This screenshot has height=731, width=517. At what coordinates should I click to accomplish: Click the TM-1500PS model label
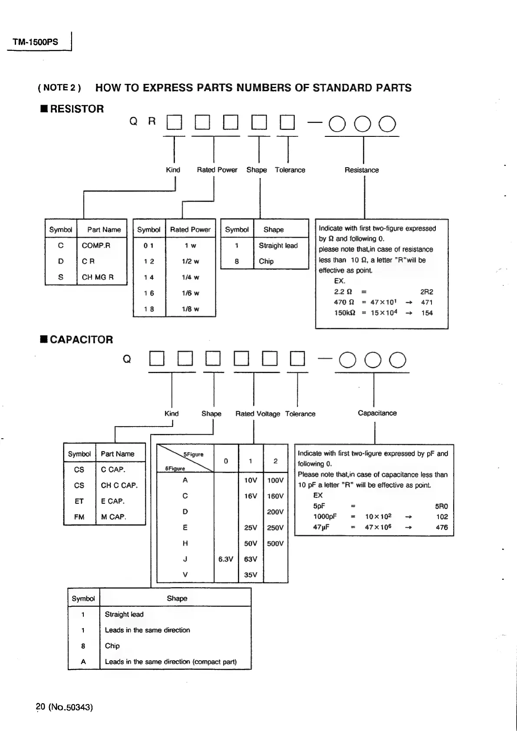[x=35, y=42]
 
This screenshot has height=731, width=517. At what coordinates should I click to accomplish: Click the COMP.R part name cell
[x=96, y=245]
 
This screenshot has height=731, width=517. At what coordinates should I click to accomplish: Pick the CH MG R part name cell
[x=98, y=277]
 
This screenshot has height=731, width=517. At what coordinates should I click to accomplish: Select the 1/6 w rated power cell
[x=190, y=293]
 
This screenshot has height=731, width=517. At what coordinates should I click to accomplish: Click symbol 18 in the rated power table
[x=149, y=309]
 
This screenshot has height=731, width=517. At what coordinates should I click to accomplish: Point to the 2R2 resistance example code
[x=426, y=292]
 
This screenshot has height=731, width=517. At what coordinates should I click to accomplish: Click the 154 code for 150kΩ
[x=427, y=313]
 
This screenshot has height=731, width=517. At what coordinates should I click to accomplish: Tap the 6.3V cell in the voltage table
[x=226, y=559]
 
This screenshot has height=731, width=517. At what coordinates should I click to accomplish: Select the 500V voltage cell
[x=275, y=543]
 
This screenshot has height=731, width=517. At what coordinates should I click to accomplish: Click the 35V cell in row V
[x=250, y=575]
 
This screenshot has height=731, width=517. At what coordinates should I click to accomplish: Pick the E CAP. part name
[x=112, y=501]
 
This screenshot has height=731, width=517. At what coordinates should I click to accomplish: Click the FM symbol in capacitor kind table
[x=79, y=517]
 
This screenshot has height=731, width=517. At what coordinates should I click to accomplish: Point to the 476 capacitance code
[x=441, y=527]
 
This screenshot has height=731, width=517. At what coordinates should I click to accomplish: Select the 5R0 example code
[x=441, y=506]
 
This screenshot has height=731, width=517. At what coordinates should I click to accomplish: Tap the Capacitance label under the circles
[x=377, y=413]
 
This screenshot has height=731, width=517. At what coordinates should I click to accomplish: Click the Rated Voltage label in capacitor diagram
[x=257, y=414]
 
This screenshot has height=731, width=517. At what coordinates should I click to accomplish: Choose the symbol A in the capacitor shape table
[x=83, y=662]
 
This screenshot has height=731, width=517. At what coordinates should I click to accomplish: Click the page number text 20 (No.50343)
[x=64, y=707]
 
